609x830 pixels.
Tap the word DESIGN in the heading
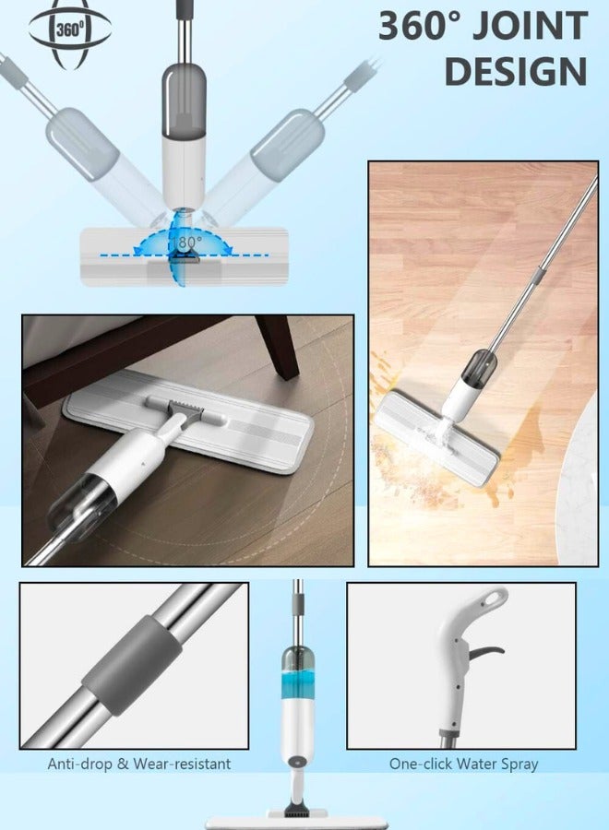pos(516,71)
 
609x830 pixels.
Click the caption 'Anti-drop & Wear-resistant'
pos(139,764)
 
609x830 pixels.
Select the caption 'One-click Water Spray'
pos(462,764)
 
